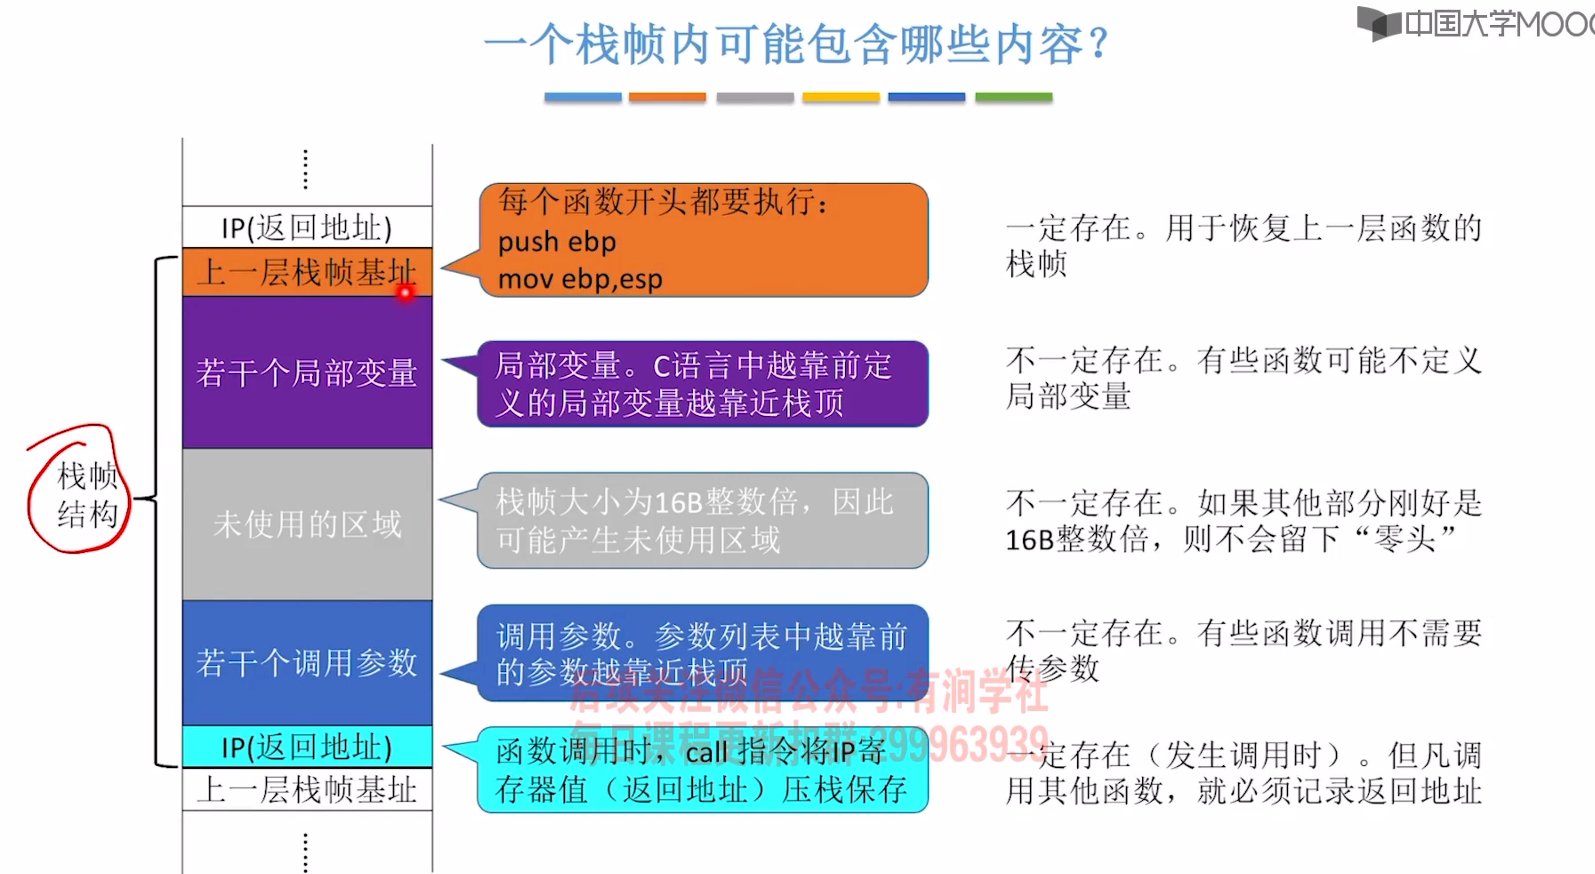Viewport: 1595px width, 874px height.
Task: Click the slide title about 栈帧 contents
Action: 796,44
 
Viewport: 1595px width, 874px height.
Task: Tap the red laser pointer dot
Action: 406,293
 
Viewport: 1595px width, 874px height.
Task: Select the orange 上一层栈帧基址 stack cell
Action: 307,273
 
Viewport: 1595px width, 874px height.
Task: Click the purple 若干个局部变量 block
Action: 307,373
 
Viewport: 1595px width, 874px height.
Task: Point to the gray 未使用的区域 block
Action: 307,524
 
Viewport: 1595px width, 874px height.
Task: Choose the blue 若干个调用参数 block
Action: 307,662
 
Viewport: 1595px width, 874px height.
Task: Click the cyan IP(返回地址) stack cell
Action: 307,747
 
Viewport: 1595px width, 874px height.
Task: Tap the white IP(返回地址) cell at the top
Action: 307,228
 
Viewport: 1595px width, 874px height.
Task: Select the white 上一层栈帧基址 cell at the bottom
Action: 307,790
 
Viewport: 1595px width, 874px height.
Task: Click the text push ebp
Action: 557,242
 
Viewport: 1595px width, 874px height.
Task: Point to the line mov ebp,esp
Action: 580,279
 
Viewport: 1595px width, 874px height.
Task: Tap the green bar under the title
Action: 1013,97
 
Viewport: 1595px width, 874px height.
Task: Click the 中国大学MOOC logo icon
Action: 1378,24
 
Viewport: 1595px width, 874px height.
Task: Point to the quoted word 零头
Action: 1404,539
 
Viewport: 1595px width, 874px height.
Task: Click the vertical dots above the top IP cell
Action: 305,169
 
